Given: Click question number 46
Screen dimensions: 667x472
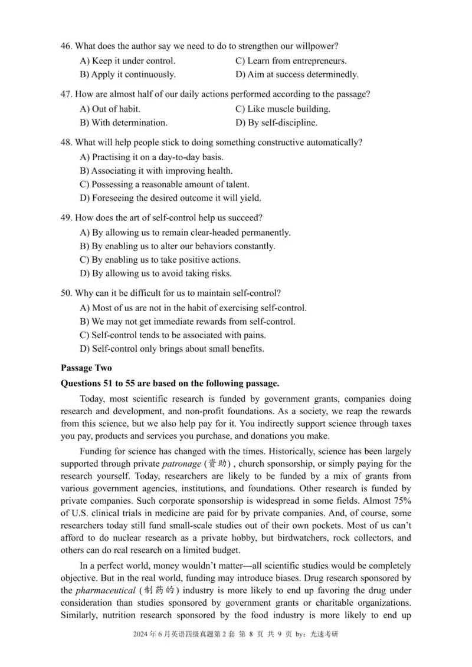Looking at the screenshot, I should pyautogui.click(x=67, y=46).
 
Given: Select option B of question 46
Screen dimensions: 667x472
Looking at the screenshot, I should pyautogui.click(x=127, y=75).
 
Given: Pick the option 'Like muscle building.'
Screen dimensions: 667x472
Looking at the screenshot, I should pyautogui.click(x=283, y=109).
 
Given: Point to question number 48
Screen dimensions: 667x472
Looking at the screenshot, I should pyautogui.click(x=67, y=143).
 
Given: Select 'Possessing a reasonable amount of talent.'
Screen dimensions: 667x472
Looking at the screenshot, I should pyautogui.click(x=164, y=184).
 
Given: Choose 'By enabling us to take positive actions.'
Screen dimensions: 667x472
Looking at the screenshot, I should pyautogui.click(x=160, y=260).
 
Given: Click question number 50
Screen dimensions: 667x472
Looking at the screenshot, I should pyautogui.click(x=67, y=293).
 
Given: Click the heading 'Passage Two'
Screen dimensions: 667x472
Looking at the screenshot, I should pyautogui.click(x=86, y=368).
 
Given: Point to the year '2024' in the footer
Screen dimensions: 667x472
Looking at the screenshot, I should pyautogui.click(x=143, y=651).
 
